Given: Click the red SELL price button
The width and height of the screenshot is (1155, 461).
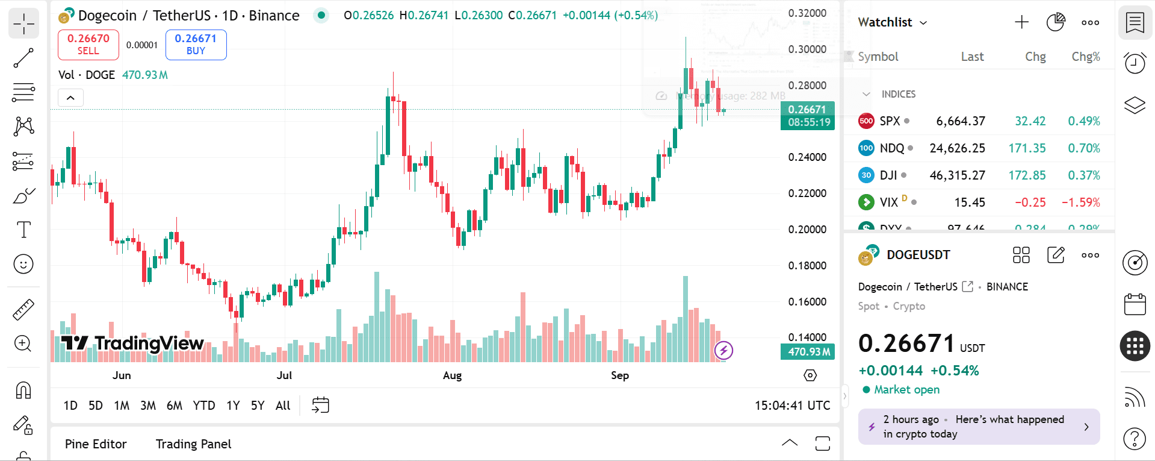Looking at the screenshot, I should (88, 45).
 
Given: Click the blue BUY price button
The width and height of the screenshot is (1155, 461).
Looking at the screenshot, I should (196, 45).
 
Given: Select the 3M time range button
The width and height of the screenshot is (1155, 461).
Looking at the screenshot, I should (148, 406).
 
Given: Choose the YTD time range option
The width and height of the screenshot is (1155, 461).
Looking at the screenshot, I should (204, 406).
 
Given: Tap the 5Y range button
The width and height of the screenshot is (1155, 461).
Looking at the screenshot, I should (258, 406).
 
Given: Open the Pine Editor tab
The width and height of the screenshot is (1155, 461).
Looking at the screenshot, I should (96, 444).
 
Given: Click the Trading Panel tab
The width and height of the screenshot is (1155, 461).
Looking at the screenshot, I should (193, 444).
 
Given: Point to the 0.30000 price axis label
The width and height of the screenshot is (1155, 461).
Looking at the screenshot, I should (807, 49).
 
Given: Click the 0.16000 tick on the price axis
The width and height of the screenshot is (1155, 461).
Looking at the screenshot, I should (807, 301).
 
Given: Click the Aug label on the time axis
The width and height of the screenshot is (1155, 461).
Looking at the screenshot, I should (452, 375).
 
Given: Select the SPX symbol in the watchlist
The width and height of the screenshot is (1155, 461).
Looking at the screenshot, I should (890, 121).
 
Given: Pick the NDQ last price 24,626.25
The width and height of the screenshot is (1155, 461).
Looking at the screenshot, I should (957, 148).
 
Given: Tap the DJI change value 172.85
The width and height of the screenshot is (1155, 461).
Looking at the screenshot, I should (1027, 175).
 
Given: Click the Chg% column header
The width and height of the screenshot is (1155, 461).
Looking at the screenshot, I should (1085, 57).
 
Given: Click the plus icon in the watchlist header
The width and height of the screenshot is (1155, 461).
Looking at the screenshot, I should (1021, 22).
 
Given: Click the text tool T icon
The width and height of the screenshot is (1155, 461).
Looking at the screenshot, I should (23, 230).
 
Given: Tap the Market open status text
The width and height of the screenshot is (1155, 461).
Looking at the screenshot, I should (906, 390).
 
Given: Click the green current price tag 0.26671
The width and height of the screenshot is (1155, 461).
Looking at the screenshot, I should (807, 110).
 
